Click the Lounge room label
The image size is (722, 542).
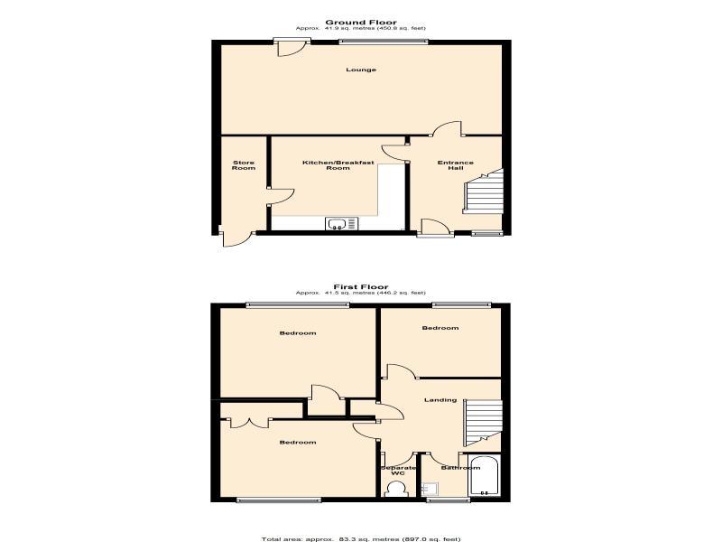[361, 70]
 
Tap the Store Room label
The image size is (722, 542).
[244, 165]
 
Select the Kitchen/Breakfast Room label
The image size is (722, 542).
[338, 165]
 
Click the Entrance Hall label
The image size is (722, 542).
[456, 165]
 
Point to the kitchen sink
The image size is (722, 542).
[341, 224]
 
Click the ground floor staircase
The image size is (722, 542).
[483, 192]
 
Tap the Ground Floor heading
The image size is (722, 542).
[361, 22]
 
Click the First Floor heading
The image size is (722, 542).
[361, 286]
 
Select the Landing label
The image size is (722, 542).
[440, 400]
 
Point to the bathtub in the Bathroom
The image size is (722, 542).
[484, 476]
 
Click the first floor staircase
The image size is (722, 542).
[483, 423]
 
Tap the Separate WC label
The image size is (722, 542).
[398, 471]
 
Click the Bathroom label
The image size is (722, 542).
[460, 468]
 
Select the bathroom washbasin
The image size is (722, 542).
[431, 489]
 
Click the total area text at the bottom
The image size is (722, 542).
[361, 538]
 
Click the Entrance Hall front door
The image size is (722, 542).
[435, 229]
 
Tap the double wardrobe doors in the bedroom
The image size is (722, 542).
[248, 423]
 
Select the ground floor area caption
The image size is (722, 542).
[361, 29]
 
